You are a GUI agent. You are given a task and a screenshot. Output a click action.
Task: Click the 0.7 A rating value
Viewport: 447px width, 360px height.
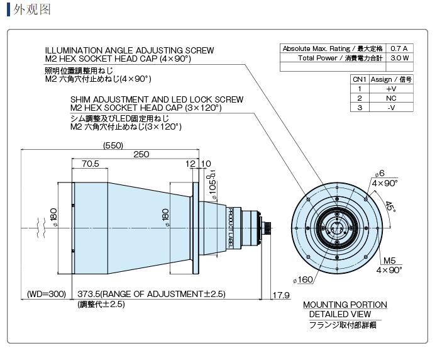coord(399,48)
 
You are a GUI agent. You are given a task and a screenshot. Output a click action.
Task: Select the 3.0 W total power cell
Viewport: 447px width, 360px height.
coord(399,58)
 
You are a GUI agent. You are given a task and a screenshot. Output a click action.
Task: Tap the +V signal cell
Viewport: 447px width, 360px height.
coord(391,89)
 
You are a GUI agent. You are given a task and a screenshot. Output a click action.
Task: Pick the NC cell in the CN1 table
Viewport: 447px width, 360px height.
coord(391,98)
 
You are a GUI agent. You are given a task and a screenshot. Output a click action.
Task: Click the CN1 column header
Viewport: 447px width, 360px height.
coord(360,79)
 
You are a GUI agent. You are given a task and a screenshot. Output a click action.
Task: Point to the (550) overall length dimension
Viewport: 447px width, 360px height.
coord(113,145)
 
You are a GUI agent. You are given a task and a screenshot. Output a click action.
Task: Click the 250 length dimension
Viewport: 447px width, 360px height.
coord(141,154)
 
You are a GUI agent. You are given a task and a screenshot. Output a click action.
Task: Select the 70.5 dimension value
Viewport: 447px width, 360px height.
coord(90,164)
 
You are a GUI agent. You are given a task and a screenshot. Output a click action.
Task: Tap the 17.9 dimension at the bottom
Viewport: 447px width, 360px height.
coord(281,295)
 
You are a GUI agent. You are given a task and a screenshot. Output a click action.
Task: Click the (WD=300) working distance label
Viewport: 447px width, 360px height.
coord(47,294)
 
